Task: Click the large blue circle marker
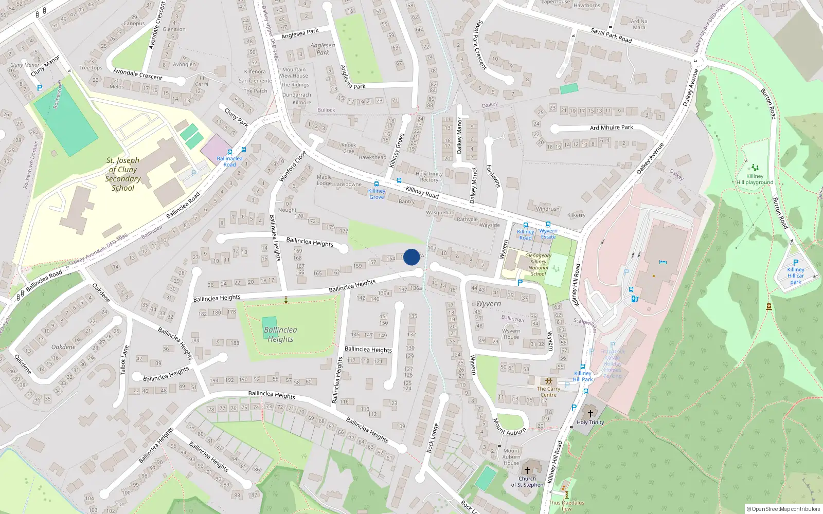[x=411, y=257]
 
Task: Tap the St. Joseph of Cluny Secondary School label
[x=123, y=174]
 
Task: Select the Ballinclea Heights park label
[x=280, y=335]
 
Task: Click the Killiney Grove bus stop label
[x=377, y=194]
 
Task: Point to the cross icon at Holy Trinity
[x=591, y=413]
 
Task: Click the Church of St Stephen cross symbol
[x=527, y=470]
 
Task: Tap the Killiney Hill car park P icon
[x=796, y=262]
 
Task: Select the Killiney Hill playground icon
[x=755, y=168]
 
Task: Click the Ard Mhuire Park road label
[x=611, y=127]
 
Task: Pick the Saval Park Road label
[x=611, y=35]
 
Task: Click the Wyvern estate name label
[x=488, y=304]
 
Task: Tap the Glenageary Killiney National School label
[x=538, y=264]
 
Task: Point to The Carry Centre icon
[x=548, y=381]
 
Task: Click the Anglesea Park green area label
[x=323, y=49]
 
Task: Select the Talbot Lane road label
[x=124, y=360]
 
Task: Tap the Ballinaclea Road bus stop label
[x=229, y=161]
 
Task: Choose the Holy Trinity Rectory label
[x=429, y=177]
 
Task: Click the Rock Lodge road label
[x=432, y=438]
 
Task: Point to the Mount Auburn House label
[x=511, y=457]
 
